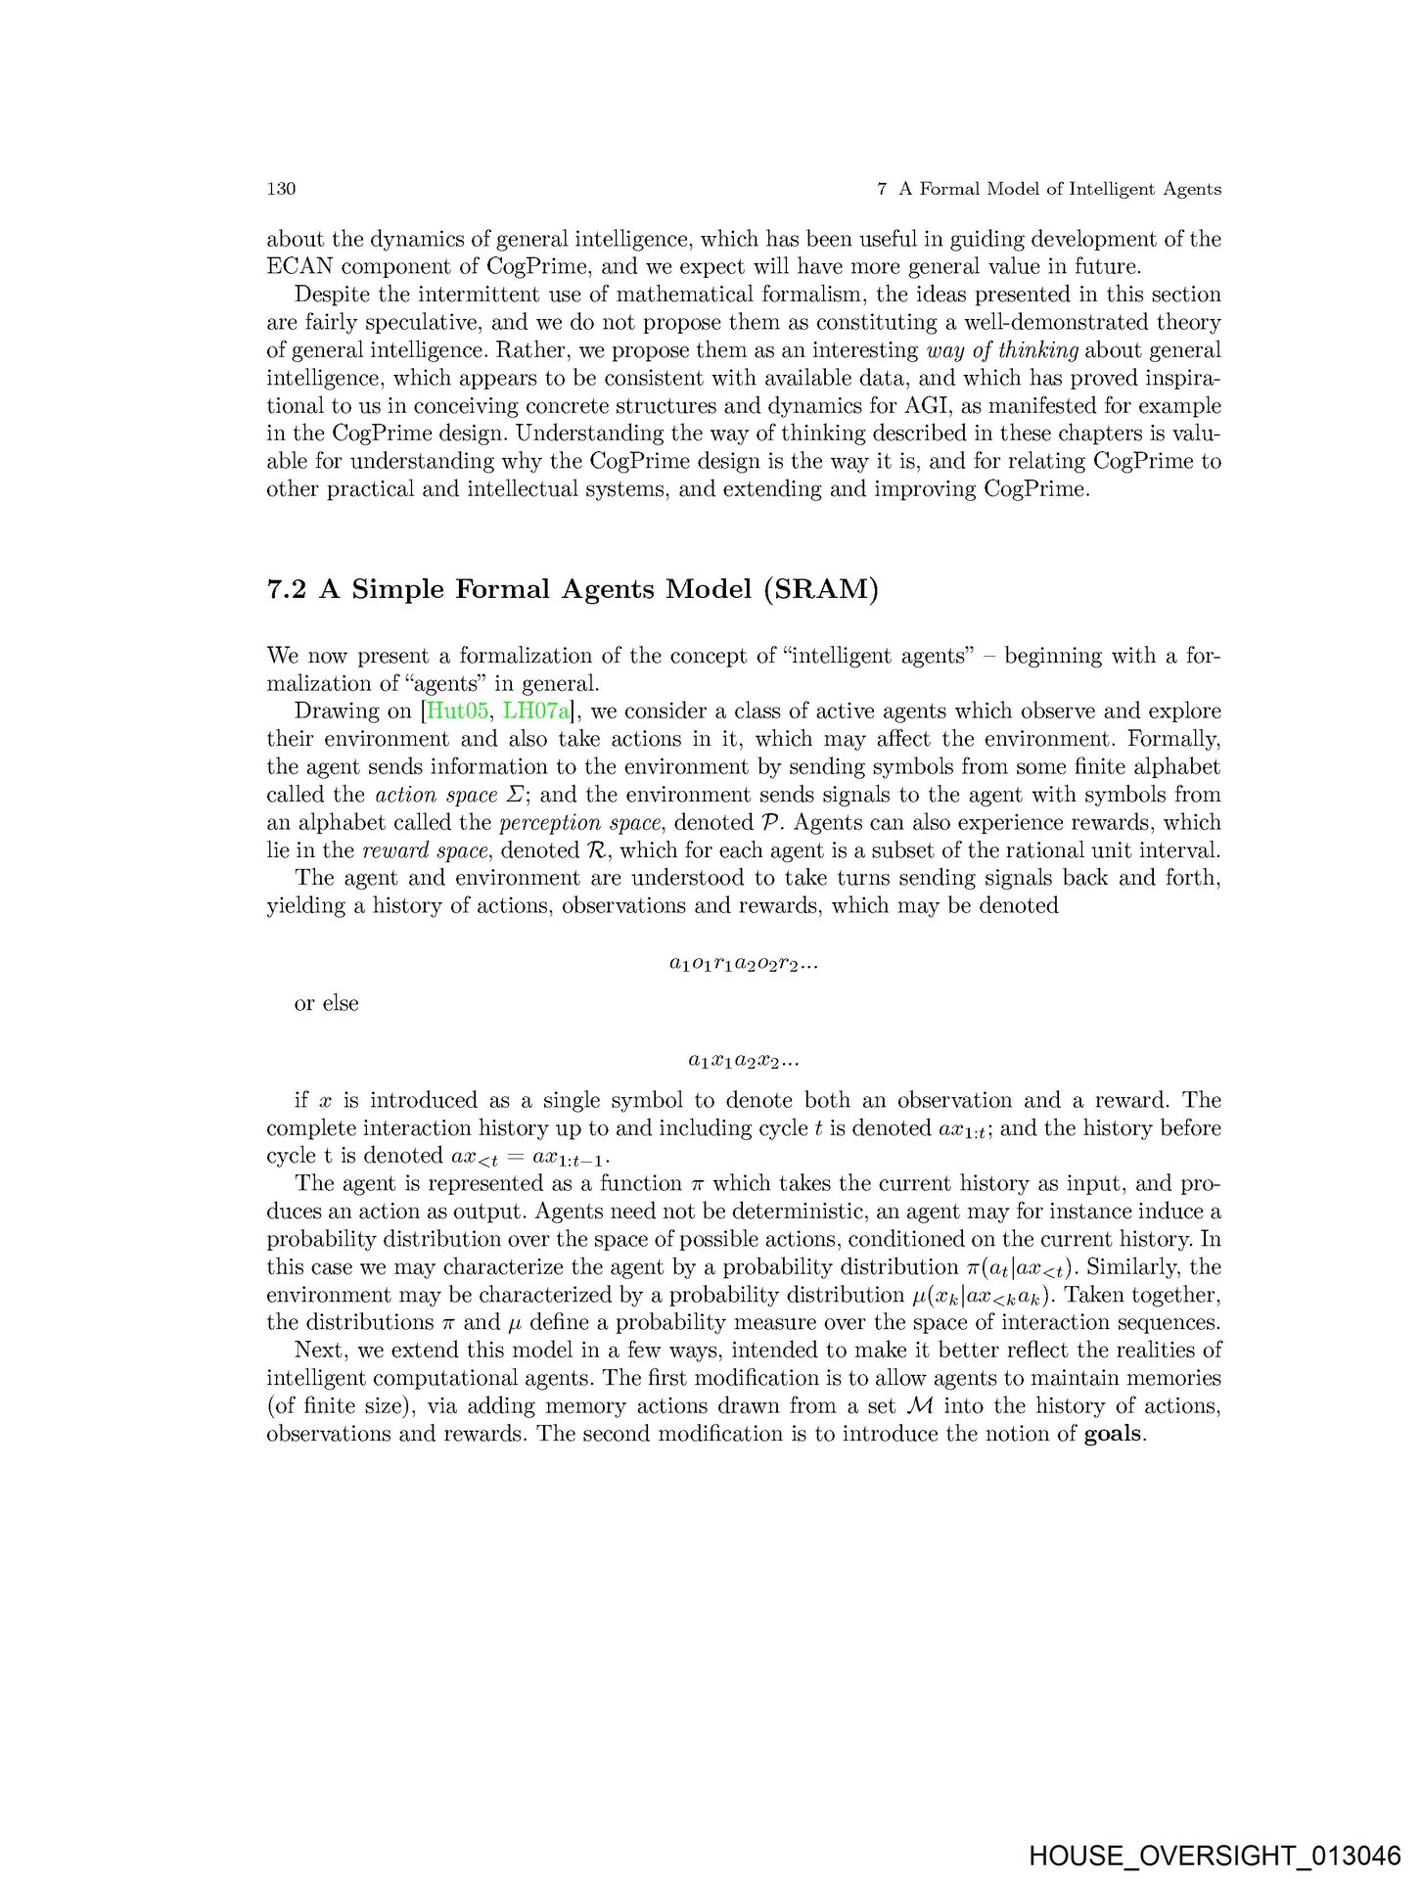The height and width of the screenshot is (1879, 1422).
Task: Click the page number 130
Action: (281, 189)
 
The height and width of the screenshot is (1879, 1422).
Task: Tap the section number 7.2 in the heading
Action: (288, 590)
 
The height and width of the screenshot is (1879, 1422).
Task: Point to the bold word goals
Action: (1114, 1434)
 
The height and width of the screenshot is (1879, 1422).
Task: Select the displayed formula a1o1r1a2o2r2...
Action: (744, 965)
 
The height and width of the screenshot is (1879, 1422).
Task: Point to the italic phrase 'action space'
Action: (436, 795)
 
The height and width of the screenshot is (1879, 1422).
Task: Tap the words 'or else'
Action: (326, 1004)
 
